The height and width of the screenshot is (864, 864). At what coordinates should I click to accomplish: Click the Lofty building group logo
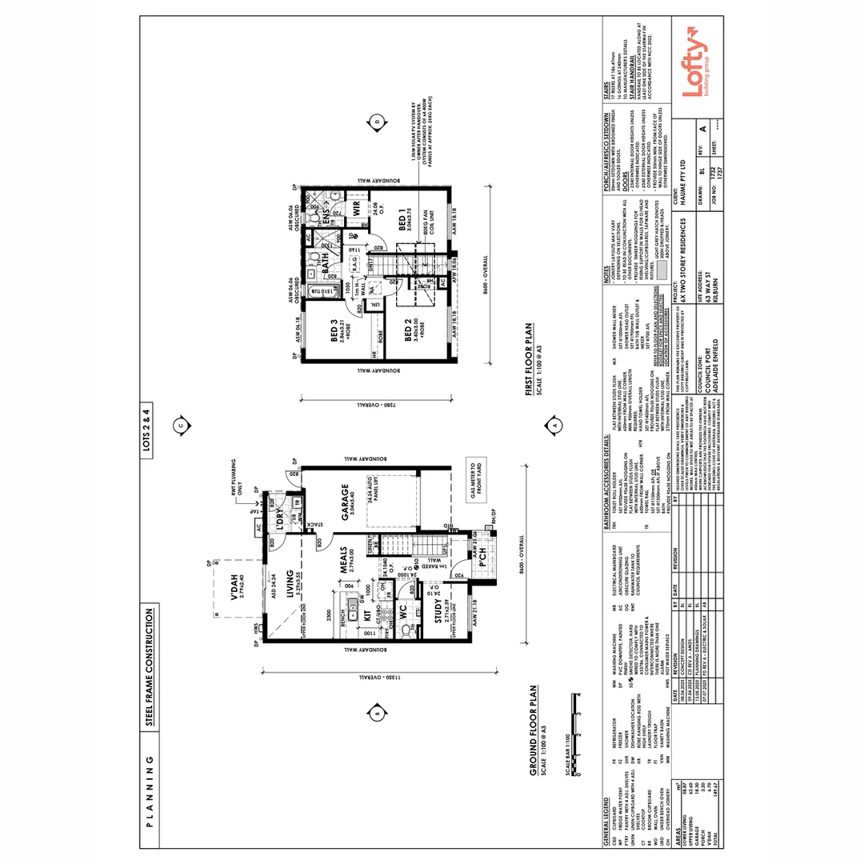click(694, 73)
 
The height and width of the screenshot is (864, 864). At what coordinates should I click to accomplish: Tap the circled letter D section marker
click(377, 122)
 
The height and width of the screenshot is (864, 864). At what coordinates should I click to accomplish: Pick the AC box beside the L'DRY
click(259, 529)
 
